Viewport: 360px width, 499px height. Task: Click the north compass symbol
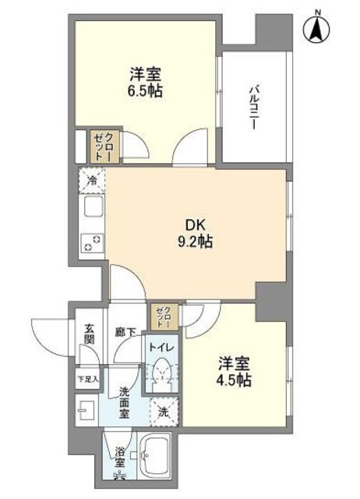tap(318, 29)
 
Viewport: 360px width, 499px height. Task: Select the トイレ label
tap(162, 347)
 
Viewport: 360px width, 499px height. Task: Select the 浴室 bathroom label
tap(119, 455)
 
